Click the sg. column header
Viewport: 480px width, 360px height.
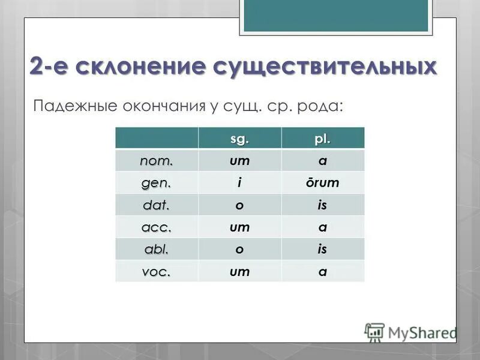click(x=239, y=139)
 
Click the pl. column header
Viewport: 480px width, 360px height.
click(x=322, y=139)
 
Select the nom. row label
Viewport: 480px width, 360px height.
click(x=156, y=161)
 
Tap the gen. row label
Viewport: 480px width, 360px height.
click(x=156, y=183)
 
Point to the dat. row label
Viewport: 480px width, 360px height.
click(x=156, y=205)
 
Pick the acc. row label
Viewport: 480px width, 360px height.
click(x=156, y=227)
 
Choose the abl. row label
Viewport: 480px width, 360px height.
click(x=156, y=250)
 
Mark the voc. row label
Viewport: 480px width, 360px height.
click(x=156, y=272)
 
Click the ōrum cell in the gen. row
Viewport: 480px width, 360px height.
click(x=322, y=183)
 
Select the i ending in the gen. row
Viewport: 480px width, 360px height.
click(x=239, y=183)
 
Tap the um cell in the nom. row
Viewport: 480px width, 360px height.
click(x=239, y=161)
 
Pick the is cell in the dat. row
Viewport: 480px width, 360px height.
click(x=322, y=205)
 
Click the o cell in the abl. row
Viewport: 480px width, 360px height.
click(x=239, y=250)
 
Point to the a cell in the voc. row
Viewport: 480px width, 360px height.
click(x=322, y=272)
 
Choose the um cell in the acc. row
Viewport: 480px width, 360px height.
click(x=239, y=227)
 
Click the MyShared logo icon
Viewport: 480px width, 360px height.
click(x=374, y=332)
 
